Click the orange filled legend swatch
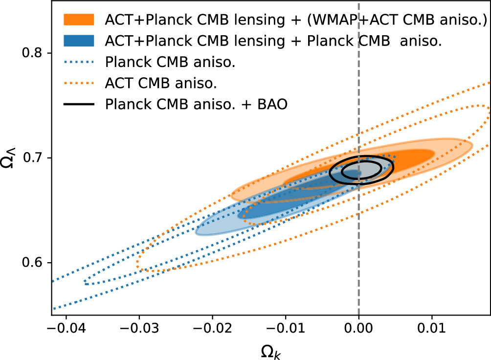click(78, 20)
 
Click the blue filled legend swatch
click(78, 41)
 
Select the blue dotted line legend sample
click(78, 62)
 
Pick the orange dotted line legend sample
click(78, 83)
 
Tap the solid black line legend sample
click(78, 104)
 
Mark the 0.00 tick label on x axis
click(359, 327)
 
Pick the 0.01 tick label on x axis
click(432, 327)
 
